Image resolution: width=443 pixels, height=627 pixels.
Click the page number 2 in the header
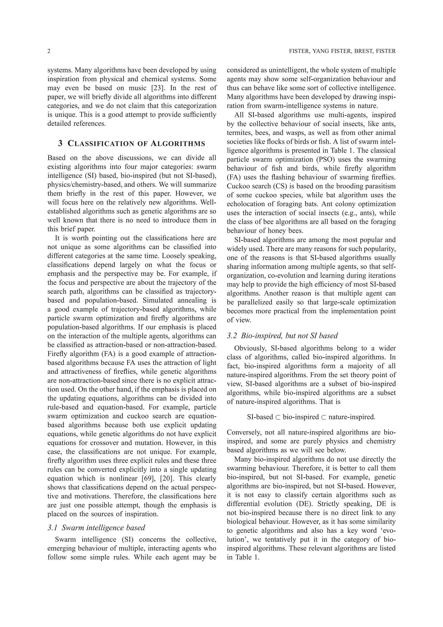coord(49,51)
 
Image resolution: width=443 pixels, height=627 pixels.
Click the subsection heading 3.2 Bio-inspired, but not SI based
coord(282,336)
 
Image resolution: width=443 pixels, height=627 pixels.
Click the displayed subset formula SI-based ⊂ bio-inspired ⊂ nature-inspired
coord(311,417)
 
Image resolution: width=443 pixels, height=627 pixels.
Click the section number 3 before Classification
coord(60,143)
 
